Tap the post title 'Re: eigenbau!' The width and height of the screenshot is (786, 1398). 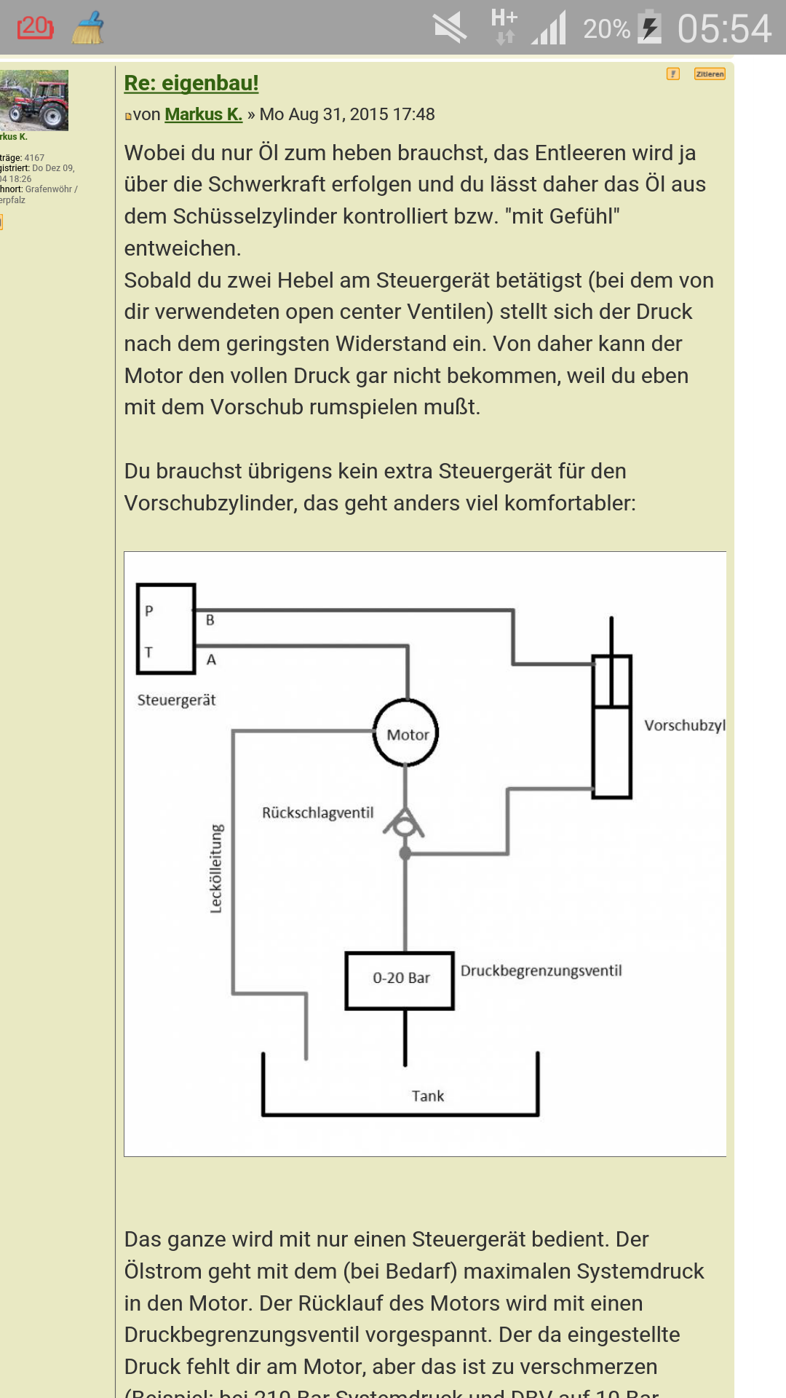[191, 83]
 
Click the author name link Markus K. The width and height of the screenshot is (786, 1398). [203, 114]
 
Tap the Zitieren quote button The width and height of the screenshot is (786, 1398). [710, 74]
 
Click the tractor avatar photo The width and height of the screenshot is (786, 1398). [34, 100]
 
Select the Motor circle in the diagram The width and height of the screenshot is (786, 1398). [406, 733]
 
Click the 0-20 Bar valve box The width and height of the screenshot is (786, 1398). [400, 980]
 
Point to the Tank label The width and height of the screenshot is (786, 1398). [427, 1096]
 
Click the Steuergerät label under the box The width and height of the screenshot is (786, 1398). [177, 700]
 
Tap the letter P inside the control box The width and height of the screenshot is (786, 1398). [149, 611]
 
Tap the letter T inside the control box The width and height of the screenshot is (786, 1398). [149, 652]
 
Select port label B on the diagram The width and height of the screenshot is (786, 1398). [210, 620]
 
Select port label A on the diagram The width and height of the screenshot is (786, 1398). [211, 660]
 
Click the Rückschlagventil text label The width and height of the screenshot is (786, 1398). [318, 813]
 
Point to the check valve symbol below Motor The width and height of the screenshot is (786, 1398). [404, 824]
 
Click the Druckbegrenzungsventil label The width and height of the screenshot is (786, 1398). [541, 971]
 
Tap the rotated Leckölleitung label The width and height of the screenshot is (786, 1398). [216, 869]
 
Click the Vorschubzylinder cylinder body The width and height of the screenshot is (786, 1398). [611, 728]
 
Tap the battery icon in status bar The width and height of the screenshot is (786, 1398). [650, 28]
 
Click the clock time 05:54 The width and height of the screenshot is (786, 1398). [723, 29]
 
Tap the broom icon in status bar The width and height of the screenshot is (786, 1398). [88, 28]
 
